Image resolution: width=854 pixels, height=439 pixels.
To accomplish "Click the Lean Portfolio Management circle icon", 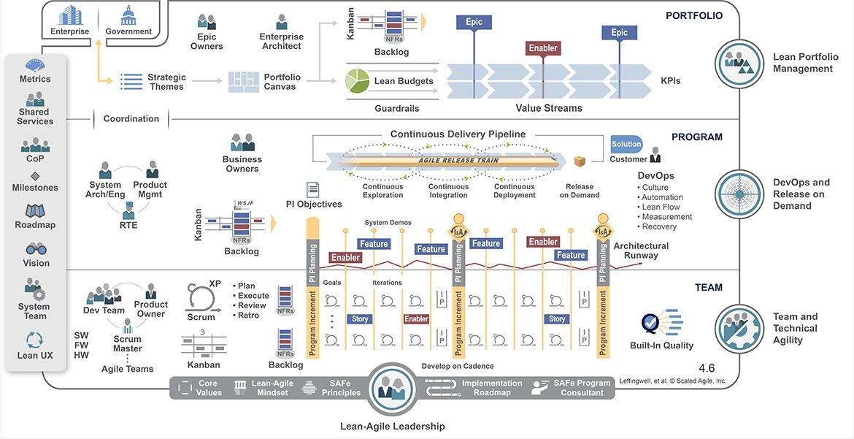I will click(x=739, y=64).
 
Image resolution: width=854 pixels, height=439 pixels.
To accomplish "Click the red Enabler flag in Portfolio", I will click(x=543, y=48).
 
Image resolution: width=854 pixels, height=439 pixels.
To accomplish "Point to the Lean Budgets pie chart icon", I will click(x=356, y=80).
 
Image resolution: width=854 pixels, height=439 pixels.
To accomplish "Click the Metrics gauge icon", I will click(x=35, y=65).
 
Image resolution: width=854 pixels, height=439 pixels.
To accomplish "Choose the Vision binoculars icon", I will click(x=36, y=249).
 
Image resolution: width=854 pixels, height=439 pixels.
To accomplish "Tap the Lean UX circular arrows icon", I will click(x=35, y=340).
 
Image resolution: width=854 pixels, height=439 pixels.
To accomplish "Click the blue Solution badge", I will click(x=626, y=144).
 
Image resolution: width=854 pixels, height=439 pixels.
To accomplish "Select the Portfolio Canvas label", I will click(x=282, y=82).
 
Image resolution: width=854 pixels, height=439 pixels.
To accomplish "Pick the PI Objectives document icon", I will click(x=313, y=190).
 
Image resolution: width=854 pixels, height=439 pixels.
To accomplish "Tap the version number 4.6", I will click(x=707, y=367).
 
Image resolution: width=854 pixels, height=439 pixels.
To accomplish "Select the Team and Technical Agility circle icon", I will click(x=739, y=329).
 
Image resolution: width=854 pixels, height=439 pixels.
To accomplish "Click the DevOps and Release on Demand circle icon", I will click(x=739, y=194).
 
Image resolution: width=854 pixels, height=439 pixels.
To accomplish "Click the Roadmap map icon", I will click(x=35, y=211).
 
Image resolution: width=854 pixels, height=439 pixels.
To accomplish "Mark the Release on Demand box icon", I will click(x=580, y=161).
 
